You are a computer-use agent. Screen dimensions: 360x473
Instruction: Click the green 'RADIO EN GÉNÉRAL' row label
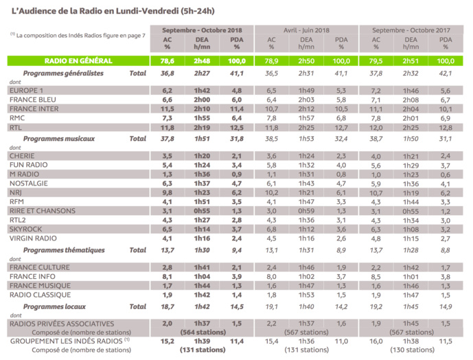(78, 61)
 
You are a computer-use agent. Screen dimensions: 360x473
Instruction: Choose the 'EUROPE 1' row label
(28, 90)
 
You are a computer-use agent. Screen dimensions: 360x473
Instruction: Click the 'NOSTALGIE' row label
(30, 183)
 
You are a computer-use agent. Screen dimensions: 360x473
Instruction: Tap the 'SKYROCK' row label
(27, 229)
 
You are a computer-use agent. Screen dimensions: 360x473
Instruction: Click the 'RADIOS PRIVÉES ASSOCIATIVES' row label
(62, 323)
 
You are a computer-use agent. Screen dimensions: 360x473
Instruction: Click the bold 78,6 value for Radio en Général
(168, 61)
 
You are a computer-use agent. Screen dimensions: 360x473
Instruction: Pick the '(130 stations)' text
(411, 349)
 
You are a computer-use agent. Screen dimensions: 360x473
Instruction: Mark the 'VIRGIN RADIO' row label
(34, 239)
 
